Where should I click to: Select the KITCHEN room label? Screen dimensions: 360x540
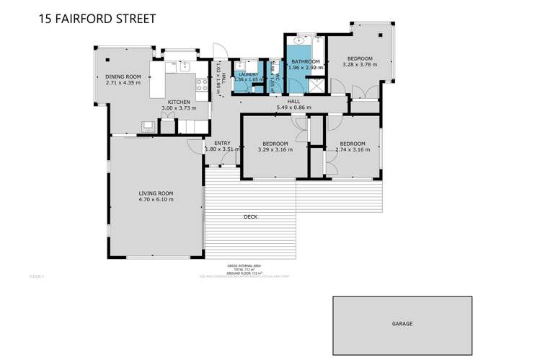(179, 102)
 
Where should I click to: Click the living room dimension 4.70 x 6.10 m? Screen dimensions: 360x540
(156, 200)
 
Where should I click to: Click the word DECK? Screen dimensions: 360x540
(250, 216)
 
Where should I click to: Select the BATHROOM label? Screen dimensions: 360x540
(305, 62)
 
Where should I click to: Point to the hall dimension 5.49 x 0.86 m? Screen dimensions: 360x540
(293, 107)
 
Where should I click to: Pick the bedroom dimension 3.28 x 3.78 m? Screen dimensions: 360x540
(359, 65)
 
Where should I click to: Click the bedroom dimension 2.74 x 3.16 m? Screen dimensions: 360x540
(353, 150)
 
